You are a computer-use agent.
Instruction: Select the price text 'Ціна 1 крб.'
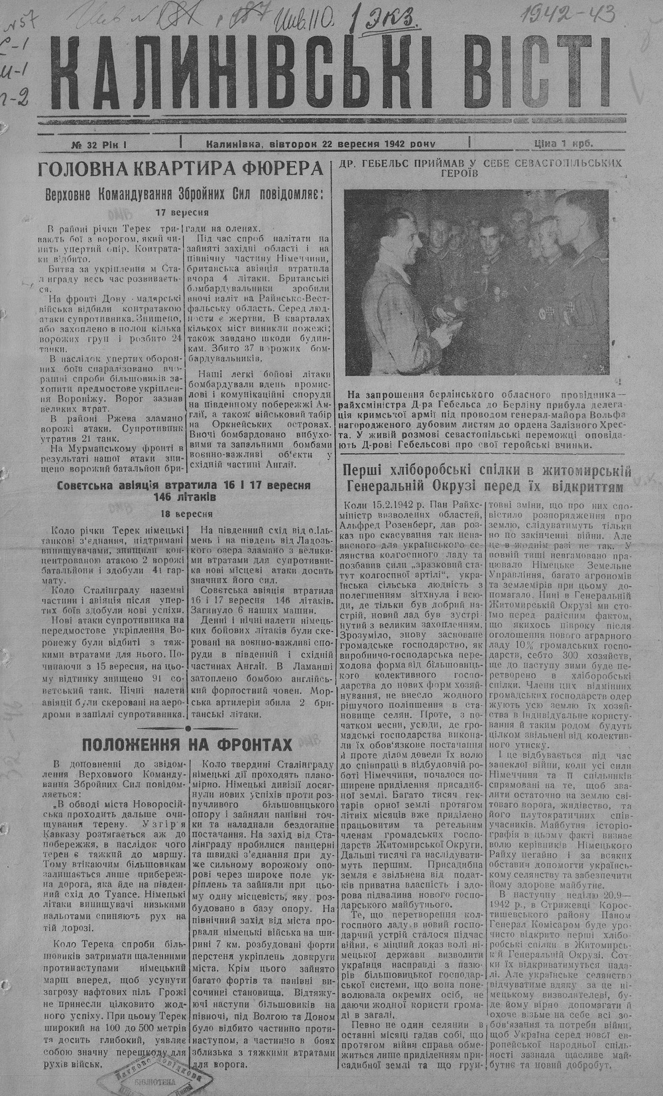tap(564, 143)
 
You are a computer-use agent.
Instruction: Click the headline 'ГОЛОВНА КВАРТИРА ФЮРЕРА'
tap(181, 169)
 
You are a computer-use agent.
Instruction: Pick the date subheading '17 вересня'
tap(182, 213)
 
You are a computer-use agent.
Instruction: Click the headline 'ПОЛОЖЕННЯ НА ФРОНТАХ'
tap(186, 743)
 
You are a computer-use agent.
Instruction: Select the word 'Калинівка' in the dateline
tap(234, 143)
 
